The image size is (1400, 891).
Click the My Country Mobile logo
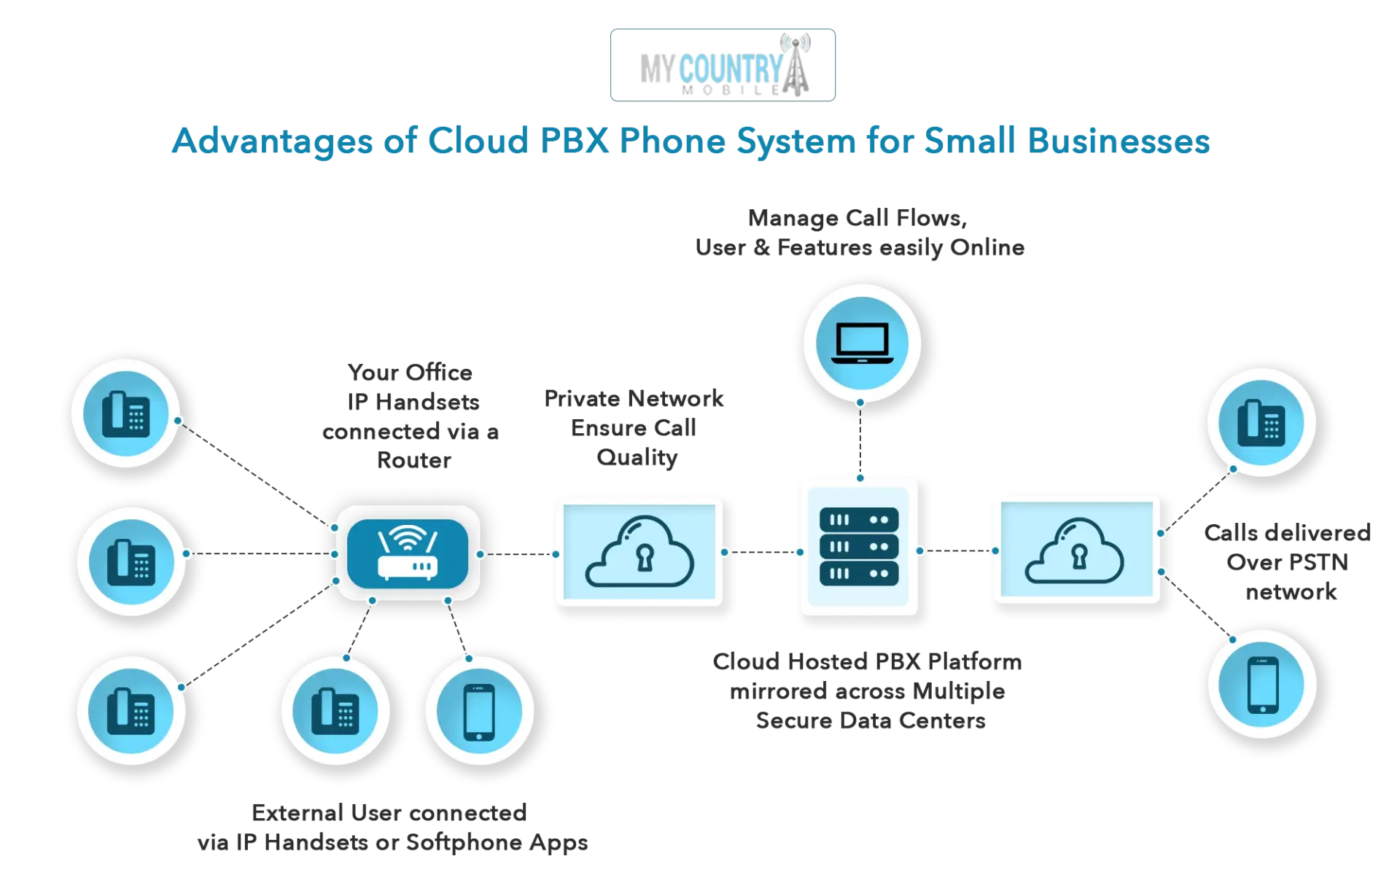coord(723,65)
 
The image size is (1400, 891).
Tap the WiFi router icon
coord(408,553)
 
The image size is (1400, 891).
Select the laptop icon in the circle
coord(862,343)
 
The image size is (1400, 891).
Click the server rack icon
coord(859,547)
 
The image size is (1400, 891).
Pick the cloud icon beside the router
coord(639,551)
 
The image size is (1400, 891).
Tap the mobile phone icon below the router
coord(479,712)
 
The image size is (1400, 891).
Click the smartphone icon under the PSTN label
coord(1262,685)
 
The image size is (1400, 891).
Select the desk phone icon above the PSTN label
coord(1261,423)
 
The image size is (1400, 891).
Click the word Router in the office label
coord(414,461)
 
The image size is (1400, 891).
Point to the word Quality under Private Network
coord(637,458)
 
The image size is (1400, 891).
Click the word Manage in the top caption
coord(793,219)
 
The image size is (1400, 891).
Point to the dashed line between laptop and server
coord(860,440)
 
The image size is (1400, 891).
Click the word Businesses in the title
coord(1119,141)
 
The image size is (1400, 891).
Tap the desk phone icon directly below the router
coord(335,712)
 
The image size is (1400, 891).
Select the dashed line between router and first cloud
coord(518,554)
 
